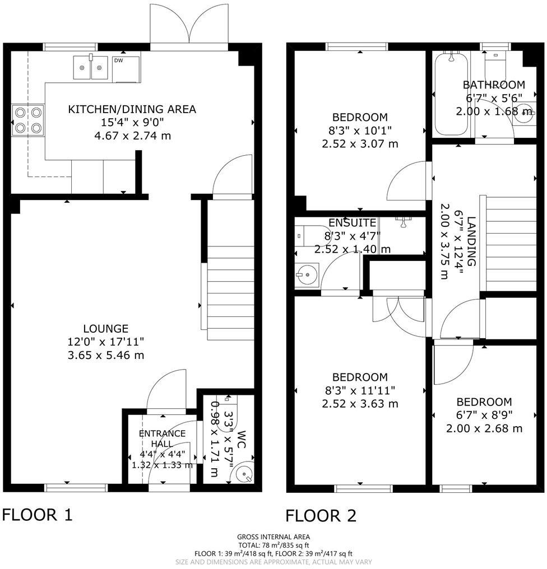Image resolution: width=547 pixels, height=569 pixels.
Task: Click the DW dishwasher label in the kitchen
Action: point(118,60)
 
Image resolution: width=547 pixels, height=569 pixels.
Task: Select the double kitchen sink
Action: point(90,68)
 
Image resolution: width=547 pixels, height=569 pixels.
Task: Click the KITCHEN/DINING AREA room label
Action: point(132,109)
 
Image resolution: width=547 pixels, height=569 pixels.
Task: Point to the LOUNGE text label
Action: point(106,329)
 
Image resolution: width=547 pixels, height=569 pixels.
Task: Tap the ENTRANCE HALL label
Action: point(163,439)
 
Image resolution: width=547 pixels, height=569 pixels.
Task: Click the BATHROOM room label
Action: point(494,85)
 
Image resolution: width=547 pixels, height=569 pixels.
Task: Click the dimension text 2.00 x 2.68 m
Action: point(484,428)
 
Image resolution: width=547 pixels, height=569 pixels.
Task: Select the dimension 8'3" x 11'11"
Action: point(359,390)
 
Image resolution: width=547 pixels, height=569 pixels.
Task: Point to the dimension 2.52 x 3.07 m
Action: point(359,144)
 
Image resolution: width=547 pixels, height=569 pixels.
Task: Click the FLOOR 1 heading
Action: point(38,514)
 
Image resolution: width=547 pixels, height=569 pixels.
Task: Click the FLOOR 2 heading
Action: point(321,515)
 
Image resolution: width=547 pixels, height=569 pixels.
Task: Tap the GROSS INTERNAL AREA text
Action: point(273,537)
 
